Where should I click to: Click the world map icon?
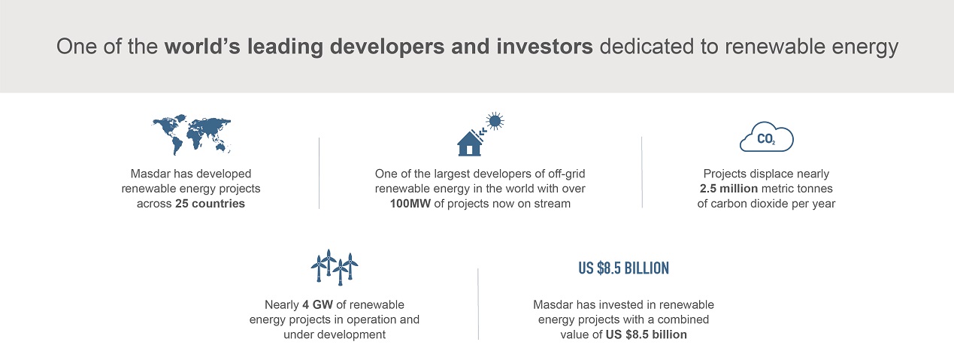point(191,134)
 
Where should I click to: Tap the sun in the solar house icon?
point(495,121)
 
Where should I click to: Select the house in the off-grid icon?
point(469,144)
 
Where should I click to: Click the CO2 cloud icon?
point(767,137)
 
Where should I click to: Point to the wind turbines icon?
point(335,267)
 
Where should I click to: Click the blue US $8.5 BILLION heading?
point(623,268)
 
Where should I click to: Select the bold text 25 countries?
point(210,204)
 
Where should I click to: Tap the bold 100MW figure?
point(410,204)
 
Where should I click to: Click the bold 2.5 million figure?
point(728,189)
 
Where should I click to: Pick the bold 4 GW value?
point(318,304)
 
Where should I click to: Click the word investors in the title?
point(544,47)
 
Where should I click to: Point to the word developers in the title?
point(387,47)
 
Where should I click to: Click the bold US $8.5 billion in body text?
point(646,334)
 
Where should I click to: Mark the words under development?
point(335,334)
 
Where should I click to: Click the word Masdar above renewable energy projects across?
point(149,174)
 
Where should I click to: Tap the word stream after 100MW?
point(552,204)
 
